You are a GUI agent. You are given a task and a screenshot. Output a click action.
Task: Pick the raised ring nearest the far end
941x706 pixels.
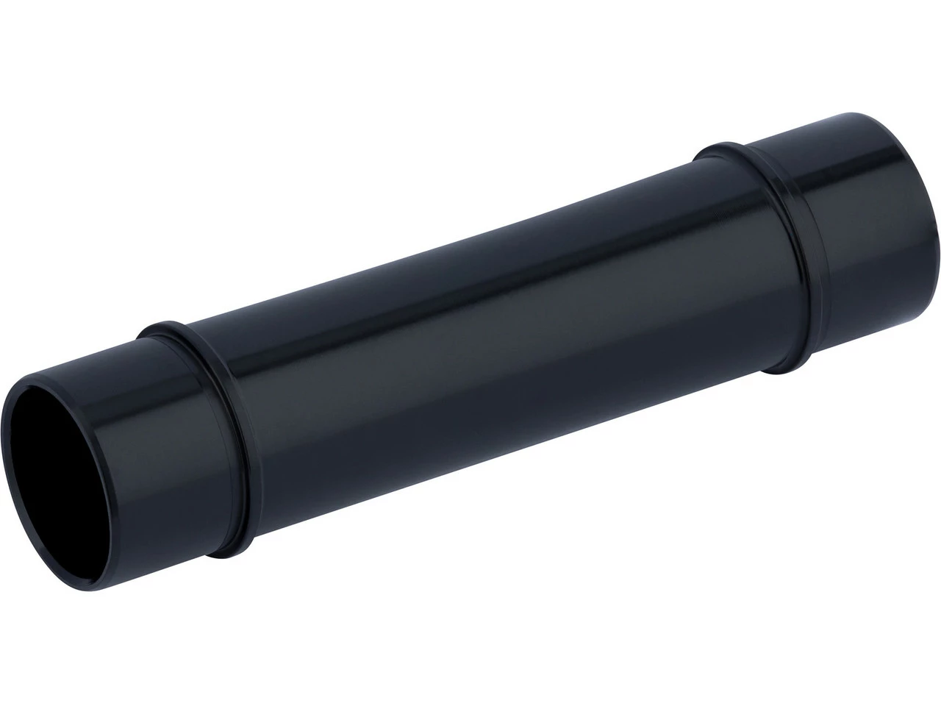(x=779, y=243)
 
